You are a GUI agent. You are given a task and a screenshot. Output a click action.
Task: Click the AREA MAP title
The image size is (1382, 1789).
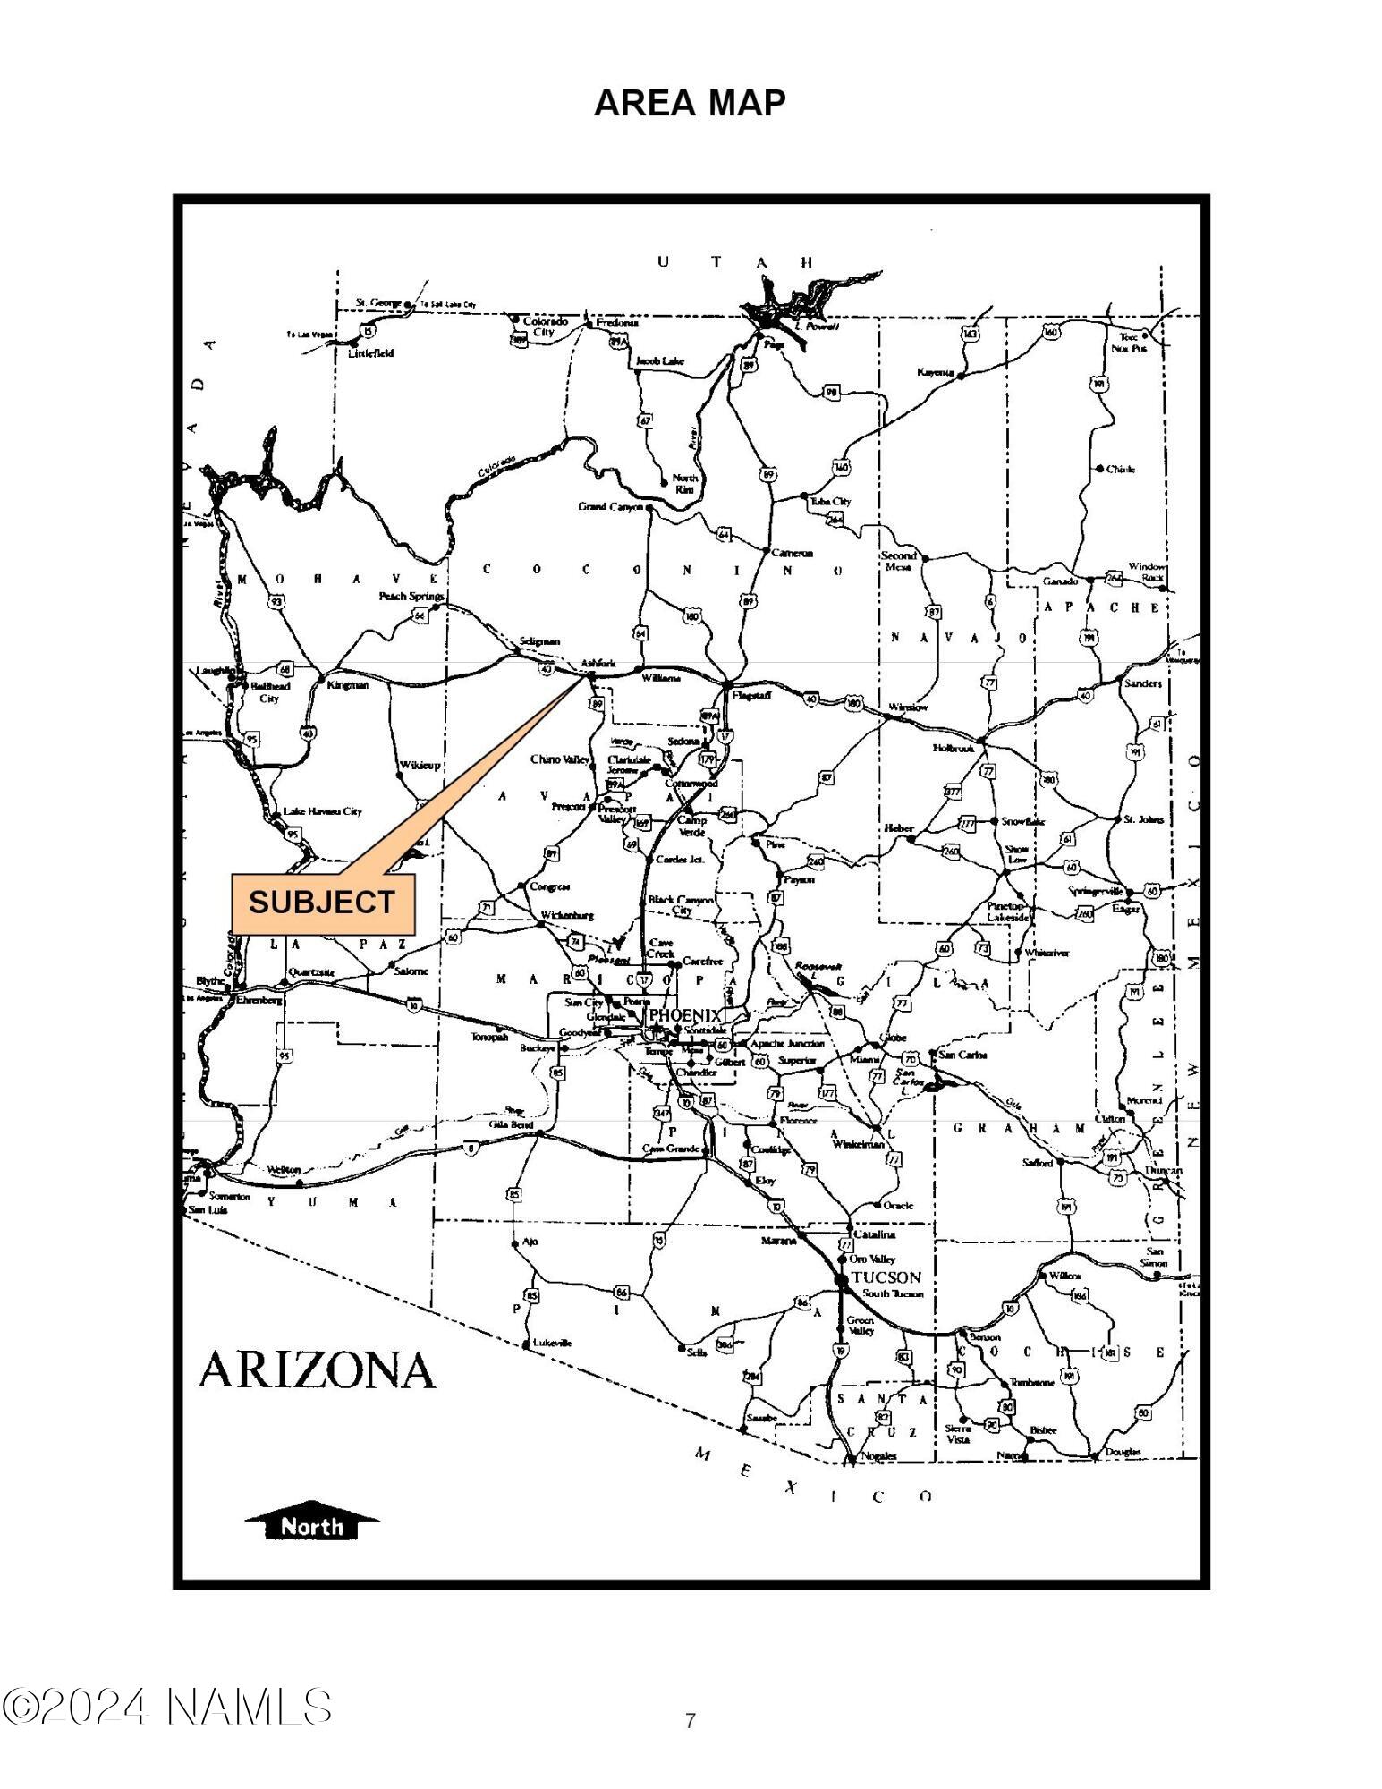click(690, 104)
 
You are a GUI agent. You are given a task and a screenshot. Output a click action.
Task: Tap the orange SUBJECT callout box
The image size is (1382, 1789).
click(323, 903)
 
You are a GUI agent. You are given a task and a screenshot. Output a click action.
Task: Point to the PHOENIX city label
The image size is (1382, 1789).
click(684, 1015)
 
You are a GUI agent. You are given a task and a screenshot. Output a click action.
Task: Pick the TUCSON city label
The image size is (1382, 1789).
click(886, 1276)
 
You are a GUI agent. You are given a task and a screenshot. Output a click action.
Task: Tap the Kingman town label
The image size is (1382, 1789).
click(348, 685)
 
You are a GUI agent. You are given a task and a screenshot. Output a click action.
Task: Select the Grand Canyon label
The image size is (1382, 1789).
click(611, 507)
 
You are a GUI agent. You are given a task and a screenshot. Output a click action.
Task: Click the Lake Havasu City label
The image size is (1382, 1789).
click(322, 811)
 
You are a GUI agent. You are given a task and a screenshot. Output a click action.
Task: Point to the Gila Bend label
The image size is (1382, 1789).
click(512, 1124)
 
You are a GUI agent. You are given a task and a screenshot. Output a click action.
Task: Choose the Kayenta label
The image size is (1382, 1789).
click(936, 372)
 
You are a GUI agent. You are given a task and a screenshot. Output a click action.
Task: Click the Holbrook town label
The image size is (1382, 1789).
click(954, 748)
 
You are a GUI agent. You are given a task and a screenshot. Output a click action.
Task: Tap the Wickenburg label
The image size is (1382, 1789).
click(567, 915)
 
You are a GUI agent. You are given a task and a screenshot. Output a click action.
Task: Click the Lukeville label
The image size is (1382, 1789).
click(552, 1343)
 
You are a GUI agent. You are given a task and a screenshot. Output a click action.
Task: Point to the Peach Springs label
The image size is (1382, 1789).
click(411, 596)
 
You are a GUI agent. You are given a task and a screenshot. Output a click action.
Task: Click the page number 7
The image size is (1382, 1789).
click(690, 1720)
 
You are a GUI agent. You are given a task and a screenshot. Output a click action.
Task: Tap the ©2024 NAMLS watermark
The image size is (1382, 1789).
click(167, 1707)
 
